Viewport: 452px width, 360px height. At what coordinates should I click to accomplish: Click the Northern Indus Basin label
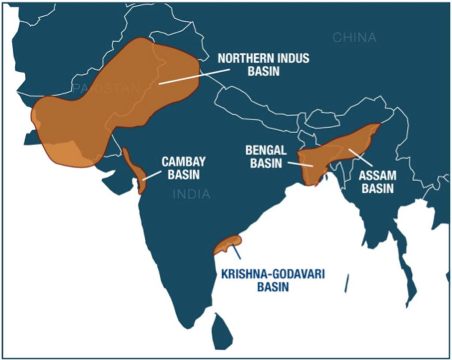(263, 64)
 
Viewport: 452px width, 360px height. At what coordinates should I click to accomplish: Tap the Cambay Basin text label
(183, 168)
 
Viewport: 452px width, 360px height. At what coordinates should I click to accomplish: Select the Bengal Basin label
(266, 157)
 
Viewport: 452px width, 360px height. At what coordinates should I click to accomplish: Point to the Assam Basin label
(377, 182)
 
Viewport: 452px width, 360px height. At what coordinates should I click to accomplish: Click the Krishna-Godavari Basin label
(273, 280)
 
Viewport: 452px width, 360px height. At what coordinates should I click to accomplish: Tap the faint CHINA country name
(354, 38)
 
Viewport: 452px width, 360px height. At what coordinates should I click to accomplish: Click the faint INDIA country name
(192, 194)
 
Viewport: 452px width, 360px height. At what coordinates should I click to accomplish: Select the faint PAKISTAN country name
(106, 89)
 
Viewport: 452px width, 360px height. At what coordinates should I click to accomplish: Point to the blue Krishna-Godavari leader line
(237, 252)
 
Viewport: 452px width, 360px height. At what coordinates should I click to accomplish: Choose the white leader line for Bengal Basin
(300, 164)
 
